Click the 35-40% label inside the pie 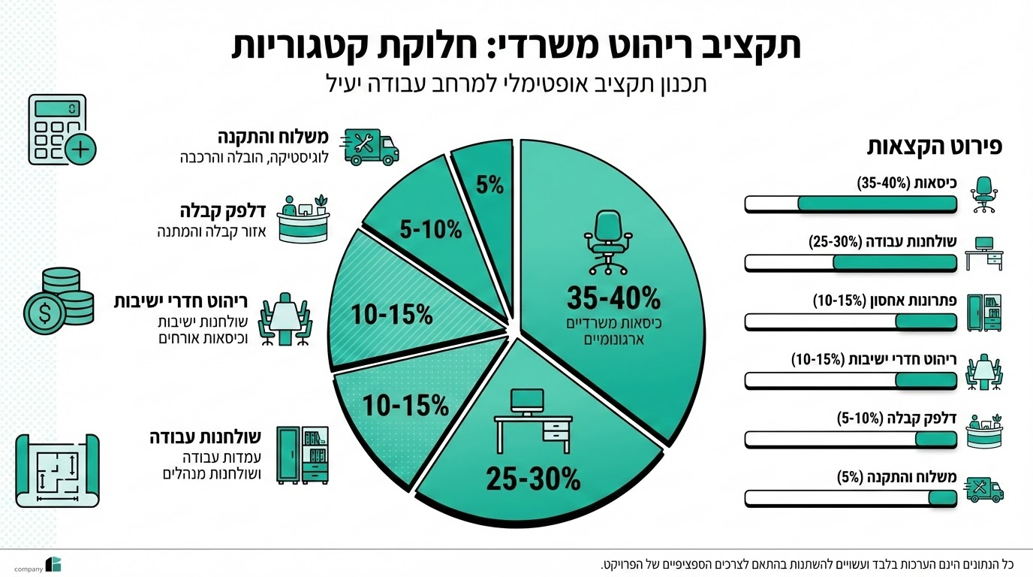pos(613,298)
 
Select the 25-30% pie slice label pos(533,479)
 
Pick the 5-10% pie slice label pos(430,230)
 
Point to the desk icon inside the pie pos(532,421)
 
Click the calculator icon pos(62,129)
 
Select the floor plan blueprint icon pos(57,470)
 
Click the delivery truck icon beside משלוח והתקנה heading pos(370,147)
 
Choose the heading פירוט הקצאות pos(934,146)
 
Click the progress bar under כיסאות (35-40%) pos(851,204)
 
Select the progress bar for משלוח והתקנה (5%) pos(851,497)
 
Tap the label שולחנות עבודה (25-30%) pos(882,242)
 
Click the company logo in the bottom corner pos(53,565)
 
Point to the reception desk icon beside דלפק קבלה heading pos(303,218)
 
